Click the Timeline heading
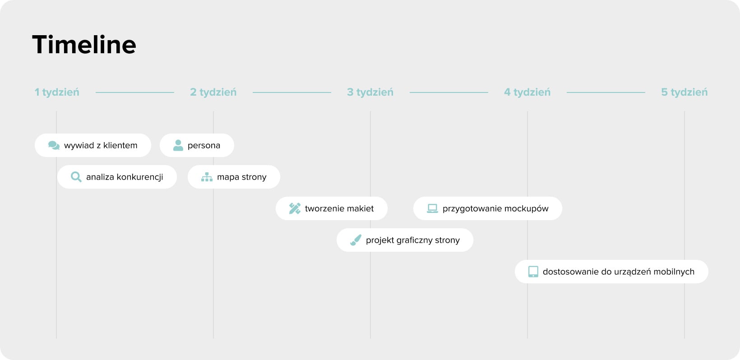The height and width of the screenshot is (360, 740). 84,45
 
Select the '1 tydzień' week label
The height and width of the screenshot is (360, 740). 57,92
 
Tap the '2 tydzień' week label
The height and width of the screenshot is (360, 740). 213,92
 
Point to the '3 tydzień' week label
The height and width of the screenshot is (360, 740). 370,92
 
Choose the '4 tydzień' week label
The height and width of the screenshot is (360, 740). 527,92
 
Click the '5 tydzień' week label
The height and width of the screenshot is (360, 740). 684,92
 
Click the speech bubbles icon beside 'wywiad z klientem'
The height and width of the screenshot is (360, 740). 54,145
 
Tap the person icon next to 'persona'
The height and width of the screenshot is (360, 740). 178,145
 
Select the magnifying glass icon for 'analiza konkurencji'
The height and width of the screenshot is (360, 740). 76,177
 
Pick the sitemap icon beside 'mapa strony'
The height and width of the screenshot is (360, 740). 207,177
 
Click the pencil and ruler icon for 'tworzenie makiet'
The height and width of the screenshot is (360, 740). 295,208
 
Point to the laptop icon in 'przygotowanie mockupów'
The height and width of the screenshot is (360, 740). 432,208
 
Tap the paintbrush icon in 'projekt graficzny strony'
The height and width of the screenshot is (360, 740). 356,240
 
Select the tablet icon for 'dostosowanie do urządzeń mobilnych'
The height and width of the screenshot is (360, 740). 533,272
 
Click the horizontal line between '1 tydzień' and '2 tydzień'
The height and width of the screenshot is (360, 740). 135,92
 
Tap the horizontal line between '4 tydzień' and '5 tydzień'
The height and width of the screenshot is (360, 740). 606,92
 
